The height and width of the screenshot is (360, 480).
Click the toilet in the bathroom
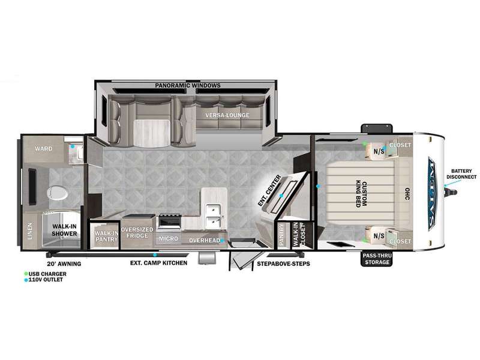tap(57, 193)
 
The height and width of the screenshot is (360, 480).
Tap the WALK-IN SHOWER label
tap(64, 230)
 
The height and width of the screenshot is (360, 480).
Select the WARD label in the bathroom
tap(43, 149)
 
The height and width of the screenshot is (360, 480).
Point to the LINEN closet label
tap(29, 231)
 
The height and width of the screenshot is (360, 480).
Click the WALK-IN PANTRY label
tap(106, 236)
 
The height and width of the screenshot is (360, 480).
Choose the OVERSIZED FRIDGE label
tap(137, 233)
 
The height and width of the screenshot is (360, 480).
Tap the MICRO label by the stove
tap(169, 238)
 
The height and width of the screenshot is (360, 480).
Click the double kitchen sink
tap(214, 216)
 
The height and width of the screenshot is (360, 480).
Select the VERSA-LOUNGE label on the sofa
tap(227, 115)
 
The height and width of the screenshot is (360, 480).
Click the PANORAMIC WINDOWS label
tap(188, 85)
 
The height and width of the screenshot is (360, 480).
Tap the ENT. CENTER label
tap(269, 190)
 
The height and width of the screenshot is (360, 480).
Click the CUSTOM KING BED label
tap(361, 194)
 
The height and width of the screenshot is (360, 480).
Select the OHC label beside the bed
tap(407, 194)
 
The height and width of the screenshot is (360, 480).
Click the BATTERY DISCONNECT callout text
tap(461, 174)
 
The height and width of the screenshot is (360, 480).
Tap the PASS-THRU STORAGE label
tap(377, 259)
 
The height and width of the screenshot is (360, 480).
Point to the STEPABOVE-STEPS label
tap(283, 263)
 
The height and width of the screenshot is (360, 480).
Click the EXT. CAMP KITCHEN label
tap(158, 263)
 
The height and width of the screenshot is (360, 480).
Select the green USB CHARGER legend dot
tap(26, 274)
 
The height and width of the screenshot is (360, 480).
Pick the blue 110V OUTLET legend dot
tap(26, 280)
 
